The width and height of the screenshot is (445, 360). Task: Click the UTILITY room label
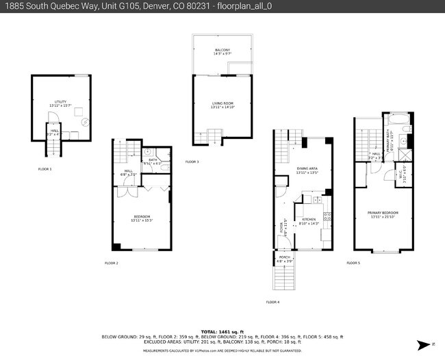point(61,102)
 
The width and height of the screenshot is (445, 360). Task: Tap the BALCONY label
point(222,50)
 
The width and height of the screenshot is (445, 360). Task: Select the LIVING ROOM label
point(222,104)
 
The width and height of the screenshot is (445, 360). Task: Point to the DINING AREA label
point(307,168)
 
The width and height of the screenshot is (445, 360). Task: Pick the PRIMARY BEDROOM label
point(383,213)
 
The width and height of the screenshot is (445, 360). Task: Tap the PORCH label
point(284,257)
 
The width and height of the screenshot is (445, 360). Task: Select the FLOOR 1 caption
point(44,168)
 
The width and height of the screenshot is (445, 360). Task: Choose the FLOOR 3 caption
point(192,162)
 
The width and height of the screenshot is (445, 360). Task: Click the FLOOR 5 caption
point(353,263)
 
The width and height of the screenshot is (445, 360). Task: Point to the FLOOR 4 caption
point(272,302)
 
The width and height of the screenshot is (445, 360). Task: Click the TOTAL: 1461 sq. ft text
point(222,331)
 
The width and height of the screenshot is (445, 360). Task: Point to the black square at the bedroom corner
point(117,246)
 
